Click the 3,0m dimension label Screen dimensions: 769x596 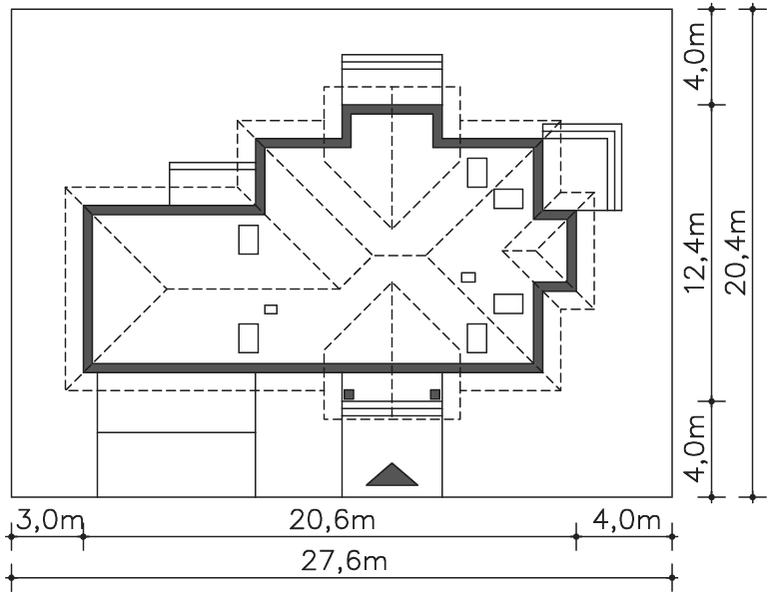coord(50,520)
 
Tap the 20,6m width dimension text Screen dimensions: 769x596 coord(332,520)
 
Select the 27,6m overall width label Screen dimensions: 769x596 coord(344,561)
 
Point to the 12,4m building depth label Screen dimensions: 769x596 coord(694,253)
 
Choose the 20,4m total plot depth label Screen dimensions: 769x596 coord(736,253)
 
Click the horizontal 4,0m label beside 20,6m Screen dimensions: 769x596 coord(627,520)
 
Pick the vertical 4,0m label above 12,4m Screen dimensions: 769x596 coord(694,56)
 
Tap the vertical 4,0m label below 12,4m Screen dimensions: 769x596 coord(694,448)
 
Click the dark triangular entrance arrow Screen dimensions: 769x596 coord(391,474)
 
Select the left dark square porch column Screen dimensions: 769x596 coord(349,394)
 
